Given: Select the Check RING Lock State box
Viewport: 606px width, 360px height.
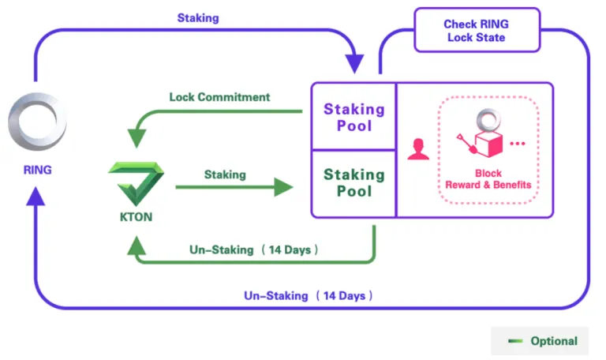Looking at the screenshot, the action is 477,30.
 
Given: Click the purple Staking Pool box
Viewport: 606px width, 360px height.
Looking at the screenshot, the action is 354,117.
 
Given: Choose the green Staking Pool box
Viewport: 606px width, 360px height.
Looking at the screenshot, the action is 354,183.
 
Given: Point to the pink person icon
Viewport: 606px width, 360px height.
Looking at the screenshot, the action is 418,149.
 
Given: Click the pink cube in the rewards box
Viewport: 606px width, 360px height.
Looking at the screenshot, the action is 488,144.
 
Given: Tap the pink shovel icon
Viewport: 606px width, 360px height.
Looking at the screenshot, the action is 466,144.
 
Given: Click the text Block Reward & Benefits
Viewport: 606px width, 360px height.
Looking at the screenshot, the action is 488,179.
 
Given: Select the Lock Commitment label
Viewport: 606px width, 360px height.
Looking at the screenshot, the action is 219,97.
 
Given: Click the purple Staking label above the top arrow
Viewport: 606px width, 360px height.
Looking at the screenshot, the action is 198,18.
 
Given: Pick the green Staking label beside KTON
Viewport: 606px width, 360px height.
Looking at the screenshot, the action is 225,174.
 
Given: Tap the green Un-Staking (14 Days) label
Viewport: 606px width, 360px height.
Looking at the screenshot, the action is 253,249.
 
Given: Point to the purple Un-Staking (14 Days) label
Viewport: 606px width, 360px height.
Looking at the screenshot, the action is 308,296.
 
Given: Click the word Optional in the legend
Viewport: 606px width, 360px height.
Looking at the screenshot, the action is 554,341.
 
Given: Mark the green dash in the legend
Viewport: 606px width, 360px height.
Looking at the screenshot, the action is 515,341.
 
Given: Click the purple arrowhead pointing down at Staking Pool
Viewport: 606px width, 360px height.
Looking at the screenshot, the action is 354,64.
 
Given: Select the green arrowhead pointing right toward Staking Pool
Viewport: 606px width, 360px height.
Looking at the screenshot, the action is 283,187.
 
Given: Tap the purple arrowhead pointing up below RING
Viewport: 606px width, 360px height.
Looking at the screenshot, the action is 36,196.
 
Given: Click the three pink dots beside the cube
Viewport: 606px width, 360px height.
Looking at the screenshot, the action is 518,144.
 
